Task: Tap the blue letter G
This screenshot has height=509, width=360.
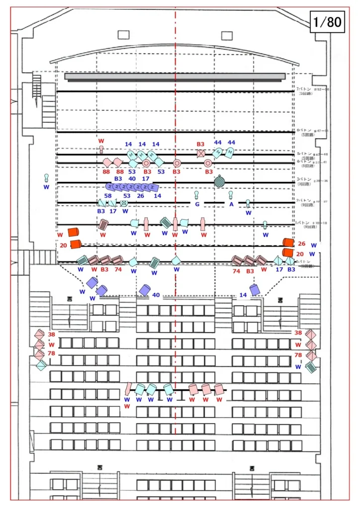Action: [x=197, y=204]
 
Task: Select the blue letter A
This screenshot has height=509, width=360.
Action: [x=231, y=204]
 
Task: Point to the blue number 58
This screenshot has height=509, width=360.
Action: [x=108, y=196]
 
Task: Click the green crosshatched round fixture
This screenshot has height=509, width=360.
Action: [x=220, y=182]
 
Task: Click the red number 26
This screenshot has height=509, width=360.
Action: [x=302, y=244]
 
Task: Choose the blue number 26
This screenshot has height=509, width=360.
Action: [x=140, y=196]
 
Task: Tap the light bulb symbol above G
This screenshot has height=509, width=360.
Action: [x=196, y=194]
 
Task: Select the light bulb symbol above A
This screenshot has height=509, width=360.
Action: [x=231, y=194]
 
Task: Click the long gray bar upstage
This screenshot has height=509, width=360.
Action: [x=175, y=77]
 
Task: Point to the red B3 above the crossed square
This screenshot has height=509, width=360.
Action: [x=200, y=144]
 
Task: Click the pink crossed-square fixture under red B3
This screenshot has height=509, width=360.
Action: [x=200, y=153]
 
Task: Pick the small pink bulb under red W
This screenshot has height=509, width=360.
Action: [x=101, y=149]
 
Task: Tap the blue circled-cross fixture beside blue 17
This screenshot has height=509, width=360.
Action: [x=124, y=203]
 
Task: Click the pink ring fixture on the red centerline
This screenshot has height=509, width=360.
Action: [x=177, y=163]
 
